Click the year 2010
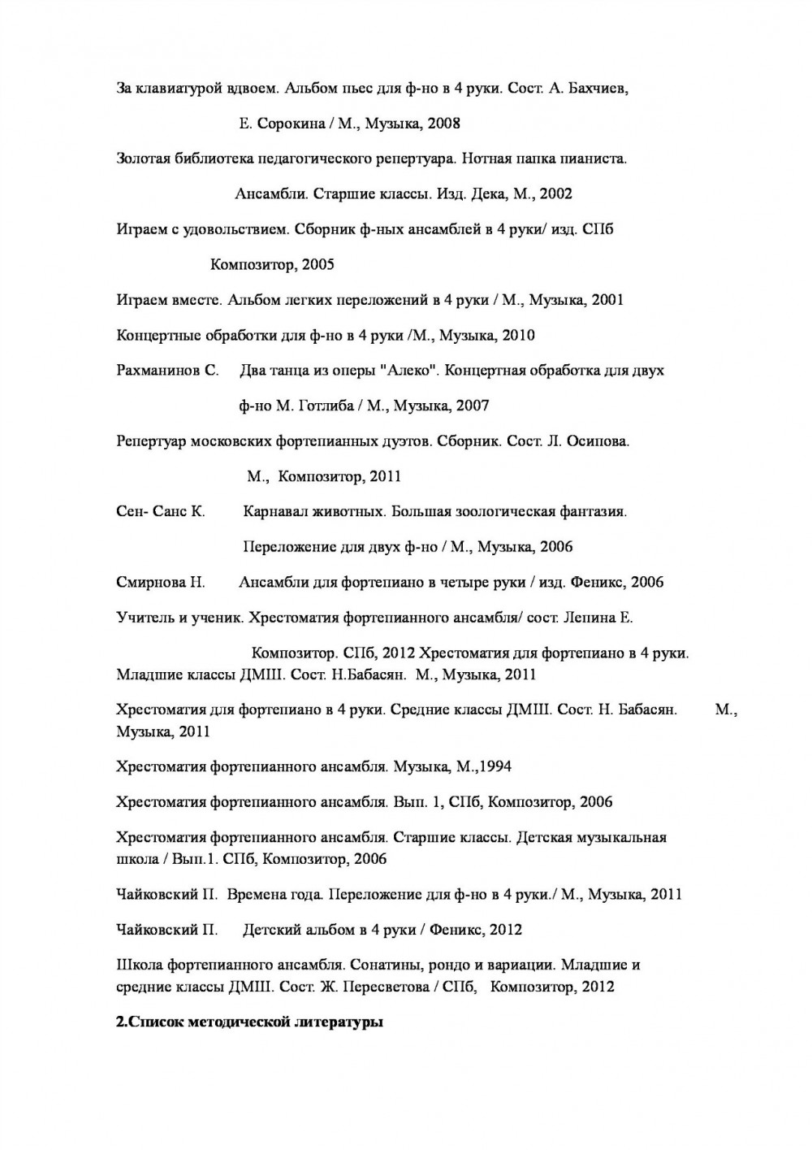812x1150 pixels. pos(519,335)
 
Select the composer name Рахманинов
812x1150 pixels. pos(162,371)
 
